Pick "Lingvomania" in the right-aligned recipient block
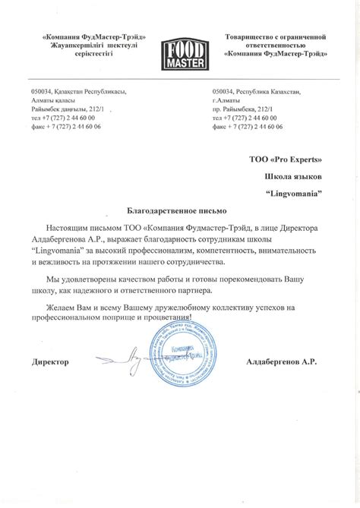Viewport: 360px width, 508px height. pyautogui.click(x=295, y=193)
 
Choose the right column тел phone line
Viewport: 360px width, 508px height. pyautogui.click(x=245, y=118)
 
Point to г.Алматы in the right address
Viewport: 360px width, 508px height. pyautogui.click(x=227, y=100)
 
